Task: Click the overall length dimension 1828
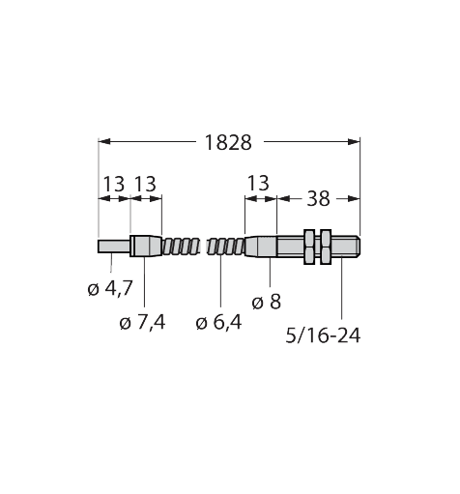click(228, 142)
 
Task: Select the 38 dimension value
click(318, 198)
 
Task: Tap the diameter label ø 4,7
click(110, 288)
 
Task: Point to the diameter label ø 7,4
click(142, 322)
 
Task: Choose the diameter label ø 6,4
click(218, 322)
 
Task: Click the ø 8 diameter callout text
click(267, 302)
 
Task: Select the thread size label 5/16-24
click(323, 335)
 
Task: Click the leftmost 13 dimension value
click(113, 184)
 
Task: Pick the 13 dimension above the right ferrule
click(258, 183)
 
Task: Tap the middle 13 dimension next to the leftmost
click(145, 184)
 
